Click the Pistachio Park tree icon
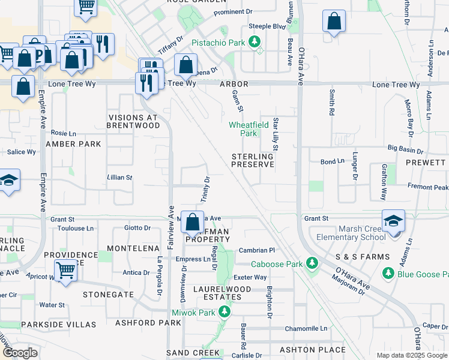coord(256,42)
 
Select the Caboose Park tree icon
coord(312,263)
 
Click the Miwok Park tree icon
coord(224,311)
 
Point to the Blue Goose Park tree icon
coord(388,274)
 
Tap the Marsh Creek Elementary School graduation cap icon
coord(393,220)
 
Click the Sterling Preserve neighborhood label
coord(253,160)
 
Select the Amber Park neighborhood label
coord(73,144)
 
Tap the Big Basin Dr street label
coord(410,148)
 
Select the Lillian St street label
coord(119,178)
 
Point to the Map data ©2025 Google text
coord(411,355)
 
